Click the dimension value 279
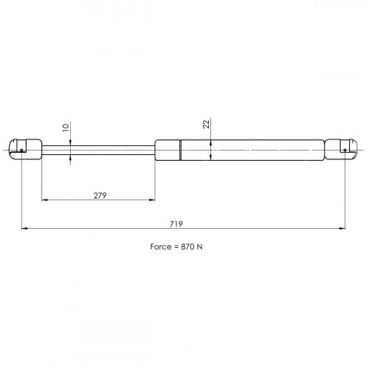point(100,196)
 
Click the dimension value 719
point(176,224)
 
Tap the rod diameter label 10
point(66,128)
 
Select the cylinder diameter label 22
point(207,124)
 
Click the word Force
point(161,246)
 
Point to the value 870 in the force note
point(187,246)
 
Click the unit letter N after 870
point(199,246)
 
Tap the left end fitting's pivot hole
point(21,150)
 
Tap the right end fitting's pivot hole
point(345,150)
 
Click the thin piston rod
point(98,150)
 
